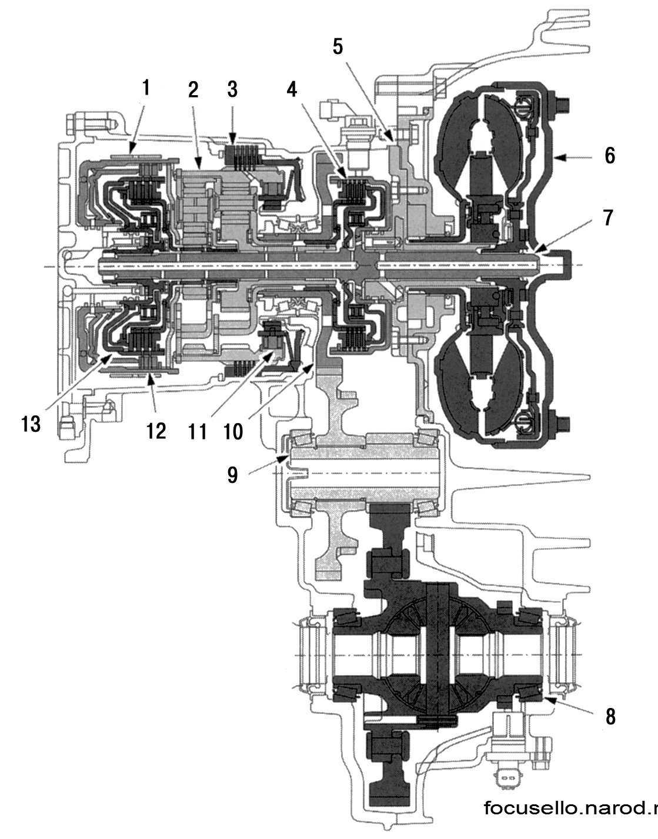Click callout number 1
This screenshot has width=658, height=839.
[x=146, y=89]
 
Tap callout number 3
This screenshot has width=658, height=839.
[x=232, y=90]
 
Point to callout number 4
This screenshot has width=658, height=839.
[x=292, y=90]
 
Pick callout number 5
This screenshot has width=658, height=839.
[x=338, y=46]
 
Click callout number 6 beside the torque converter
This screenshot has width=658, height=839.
[x=610, y=156]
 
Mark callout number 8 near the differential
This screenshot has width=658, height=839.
[x=610, y=717]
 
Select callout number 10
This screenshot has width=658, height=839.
[x=233, y=432]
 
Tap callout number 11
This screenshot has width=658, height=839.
[x=198, y=432]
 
